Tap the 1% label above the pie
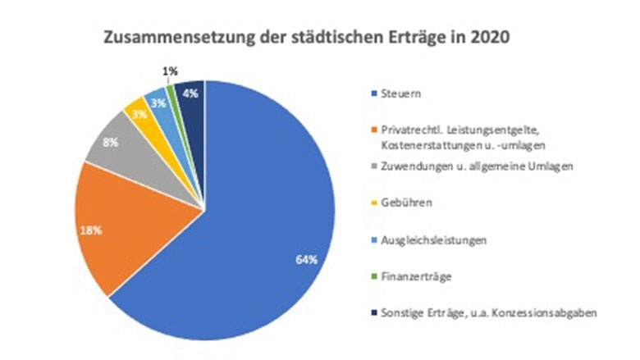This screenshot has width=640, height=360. click(170, 72)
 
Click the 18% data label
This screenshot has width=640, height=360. click(91, 231)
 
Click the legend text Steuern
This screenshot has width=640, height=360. click(399, 94)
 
